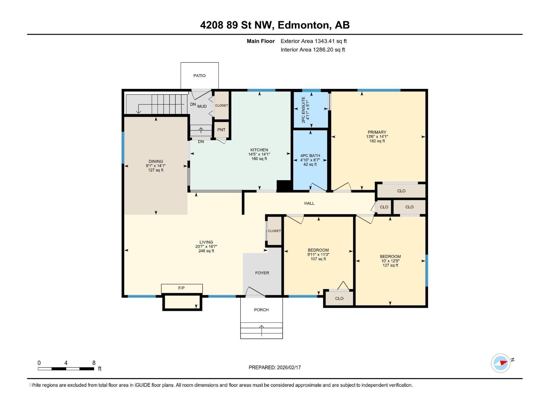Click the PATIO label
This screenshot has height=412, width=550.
coord(199,76)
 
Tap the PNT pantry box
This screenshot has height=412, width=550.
coord(221,130)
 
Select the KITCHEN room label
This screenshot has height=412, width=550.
coord(259,150)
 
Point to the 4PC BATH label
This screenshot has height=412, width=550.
coord(310,156)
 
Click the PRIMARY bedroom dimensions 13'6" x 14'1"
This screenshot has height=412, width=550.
coord(377,137)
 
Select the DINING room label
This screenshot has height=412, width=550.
coord(156,161)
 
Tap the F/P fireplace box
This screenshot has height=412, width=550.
coord(181,288)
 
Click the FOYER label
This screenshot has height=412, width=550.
coord(262,273)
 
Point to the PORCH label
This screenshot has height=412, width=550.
coord(261,310)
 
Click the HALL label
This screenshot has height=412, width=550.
coord(309,203)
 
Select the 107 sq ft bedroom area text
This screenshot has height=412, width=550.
coord(318,259)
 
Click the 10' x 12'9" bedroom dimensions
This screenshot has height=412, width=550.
coord(390,261)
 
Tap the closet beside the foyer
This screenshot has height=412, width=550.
coord(274,231)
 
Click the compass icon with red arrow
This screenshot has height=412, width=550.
coord(500,363)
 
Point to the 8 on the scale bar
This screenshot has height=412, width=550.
coord(94,363)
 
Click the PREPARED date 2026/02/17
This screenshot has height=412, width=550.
coord(288,367)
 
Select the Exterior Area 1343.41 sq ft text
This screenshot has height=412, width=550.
coord(313,41)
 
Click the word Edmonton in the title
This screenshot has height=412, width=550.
coord(302,25)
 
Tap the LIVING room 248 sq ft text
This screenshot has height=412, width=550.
coord(206,251)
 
